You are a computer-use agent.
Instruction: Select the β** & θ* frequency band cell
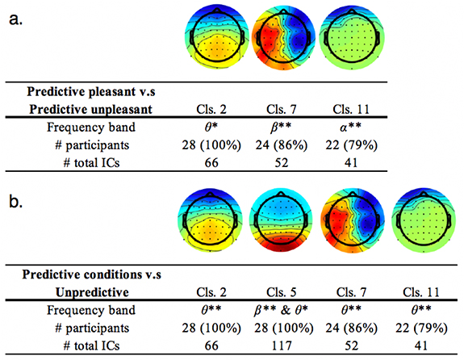click(x=280, y=310)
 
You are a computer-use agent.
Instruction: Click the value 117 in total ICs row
click(x=280, y=345)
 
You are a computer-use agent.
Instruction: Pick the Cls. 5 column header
click(x=280, y=292)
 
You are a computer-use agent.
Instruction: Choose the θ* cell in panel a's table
click(x=210, y=128)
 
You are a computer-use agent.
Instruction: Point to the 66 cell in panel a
click(x=210, y=161)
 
